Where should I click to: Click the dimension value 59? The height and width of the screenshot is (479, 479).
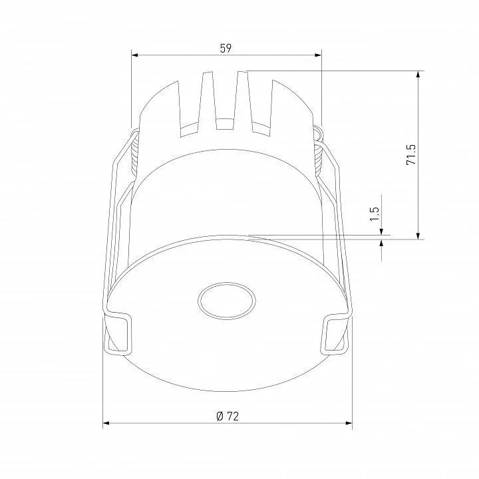click(226, 49)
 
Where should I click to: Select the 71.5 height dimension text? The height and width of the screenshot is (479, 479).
click(411, 154)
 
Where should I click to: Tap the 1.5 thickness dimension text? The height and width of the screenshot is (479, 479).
click(374, 214)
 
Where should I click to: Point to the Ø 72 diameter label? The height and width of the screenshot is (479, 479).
click(228, 416)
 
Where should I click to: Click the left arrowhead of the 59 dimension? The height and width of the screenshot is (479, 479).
click(134, 55)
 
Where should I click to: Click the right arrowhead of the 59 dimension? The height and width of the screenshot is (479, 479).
click(318, 55)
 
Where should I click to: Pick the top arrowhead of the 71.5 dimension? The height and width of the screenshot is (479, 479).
click(418, 75)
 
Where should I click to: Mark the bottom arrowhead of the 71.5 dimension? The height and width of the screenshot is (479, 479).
click(418, 236)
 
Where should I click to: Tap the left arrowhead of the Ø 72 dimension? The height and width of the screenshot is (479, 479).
click(106, 423)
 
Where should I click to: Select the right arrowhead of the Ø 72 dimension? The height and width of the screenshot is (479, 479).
click(349, 423)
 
